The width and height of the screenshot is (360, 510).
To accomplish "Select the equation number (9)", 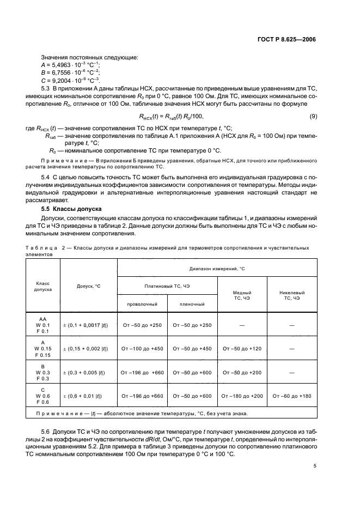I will pyautogui.click(x=313, y=116).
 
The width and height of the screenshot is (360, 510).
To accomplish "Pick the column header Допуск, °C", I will pyautogui.click(x=88, y=286).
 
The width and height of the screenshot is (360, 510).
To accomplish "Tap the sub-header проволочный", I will pyautogui.click(x=142, y=303).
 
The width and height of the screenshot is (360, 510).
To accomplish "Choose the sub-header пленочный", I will pyautogui.click(x=192, y=303).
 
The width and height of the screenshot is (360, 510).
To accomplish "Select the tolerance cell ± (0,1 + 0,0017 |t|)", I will pyautogui.click(x=88, y=325).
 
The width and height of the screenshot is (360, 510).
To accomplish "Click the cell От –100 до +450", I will pyautogui.click(x=142, y=349).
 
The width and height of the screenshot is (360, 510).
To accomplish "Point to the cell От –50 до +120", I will pyautogui.click(x=242, y=349).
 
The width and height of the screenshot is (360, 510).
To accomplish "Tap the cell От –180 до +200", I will pyautogui.click(x=242, y=396).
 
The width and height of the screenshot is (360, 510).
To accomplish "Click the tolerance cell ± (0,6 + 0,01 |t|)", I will pyautogui.click(x=88, y=396).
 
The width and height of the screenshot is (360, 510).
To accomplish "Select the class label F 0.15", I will pyautogui.click(x=42, y=355).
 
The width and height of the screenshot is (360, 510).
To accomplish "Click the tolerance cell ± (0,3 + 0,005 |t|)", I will pyautogui.click(x=88, y=373).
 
